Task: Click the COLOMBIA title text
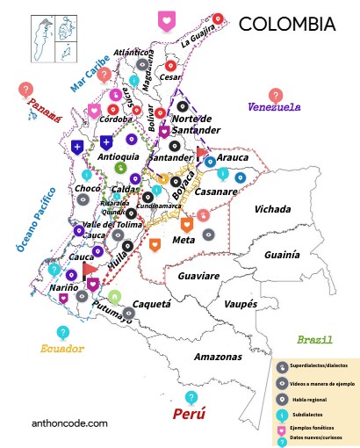286,23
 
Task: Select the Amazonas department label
218,357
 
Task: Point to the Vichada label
274,209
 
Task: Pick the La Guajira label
198,38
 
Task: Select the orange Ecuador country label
62,349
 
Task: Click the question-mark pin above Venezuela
277,93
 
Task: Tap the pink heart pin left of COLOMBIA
165,20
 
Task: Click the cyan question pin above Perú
191,395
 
